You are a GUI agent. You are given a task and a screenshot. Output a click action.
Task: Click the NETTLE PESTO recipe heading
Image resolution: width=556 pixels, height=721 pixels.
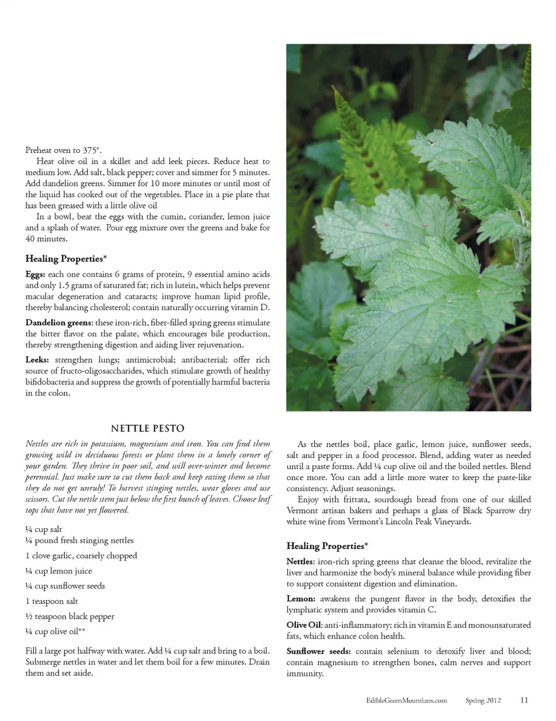(147, 429)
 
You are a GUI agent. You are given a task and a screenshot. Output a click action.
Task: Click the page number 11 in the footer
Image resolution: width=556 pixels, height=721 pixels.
(524, 700)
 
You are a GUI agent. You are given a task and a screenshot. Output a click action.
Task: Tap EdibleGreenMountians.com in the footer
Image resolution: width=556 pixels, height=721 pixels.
(407, 700)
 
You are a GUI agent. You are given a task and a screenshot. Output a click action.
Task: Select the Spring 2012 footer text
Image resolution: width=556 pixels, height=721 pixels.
(483, 700)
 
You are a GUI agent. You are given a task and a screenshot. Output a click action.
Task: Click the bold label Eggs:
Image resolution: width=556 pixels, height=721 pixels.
(35, 275)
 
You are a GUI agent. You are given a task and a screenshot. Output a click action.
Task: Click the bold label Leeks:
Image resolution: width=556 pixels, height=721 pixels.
(37, 360)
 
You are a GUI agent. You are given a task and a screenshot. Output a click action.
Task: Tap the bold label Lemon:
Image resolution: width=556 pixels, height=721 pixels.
(301, 599)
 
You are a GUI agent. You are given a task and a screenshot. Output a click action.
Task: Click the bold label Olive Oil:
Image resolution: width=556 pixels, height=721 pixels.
(305, 625)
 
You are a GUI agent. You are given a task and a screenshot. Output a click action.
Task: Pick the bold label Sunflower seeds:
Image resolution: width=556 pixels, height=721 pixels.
(318, 652)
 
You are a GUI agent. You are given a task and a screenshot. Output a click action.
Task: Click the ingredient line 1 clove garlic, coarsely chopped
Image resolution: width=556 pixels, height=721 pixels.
(81, 555)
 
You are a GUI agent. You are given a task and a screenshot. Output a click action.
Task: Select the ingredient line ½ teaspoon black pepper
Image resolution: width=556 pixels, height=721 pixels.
(70, 616)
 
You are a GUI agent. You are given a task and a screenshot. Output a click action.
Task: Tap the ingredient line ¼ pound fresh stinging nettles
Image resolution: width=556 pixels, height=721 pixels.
(79, 540)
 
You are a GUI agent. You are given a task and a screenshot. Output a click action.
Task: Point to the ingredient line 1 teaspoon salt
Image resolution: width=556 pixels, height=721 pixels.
(52, 601)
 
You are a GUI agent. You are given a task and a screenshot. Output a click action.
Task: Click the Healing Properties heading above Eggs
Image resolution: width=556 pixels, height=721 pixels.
(66, 259)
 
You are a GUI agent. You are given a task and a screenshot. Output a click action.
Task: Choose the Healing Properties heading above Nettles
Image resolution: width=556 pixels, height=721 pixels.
(327, 546)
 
